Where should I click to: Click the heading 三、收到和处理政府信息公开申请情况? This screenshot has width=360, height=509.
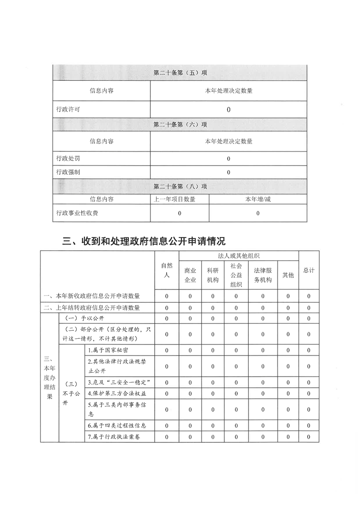click(143, 240)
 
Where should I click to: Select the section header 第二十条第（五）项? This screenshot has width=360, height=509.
click(180, 73)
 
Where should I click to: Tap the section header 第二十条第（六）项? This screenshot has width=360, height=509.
click(180, 124)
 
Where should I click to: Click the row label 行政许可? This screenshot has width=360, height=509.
click(68, 109)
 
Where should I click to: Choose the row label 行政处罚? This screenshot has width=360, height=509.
click(68, 158)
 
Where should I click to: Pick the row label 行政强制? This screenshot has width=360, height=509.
click(68, 172)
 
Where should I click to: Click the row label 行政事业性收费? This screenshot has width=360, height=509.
click(77, 212)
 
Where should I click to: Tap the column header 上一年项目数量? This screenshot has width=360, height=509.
click(180, 199)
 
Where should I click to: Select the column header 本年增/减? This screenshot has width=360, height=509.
click(257, 199)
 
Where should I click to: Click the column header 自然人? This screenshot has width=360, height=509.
click(167, 270)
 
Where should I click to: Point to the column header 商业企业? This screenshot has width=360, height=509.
click(190, 275)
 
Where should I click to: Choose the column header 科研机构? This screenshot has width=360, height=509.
click(212, 275)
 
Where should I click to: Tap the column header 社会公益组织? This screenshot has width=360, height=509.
click(236, 275)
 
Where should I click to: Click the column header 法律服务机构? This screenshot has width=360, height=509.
click(262, 275)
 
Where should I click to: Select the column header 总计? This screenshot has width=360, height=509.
click(309, 270)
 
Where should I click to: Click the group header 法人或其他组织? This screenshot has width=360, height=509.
click(238, 256)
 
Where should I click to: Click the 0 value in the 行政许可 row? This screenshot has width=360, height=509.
click(228, 109)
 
